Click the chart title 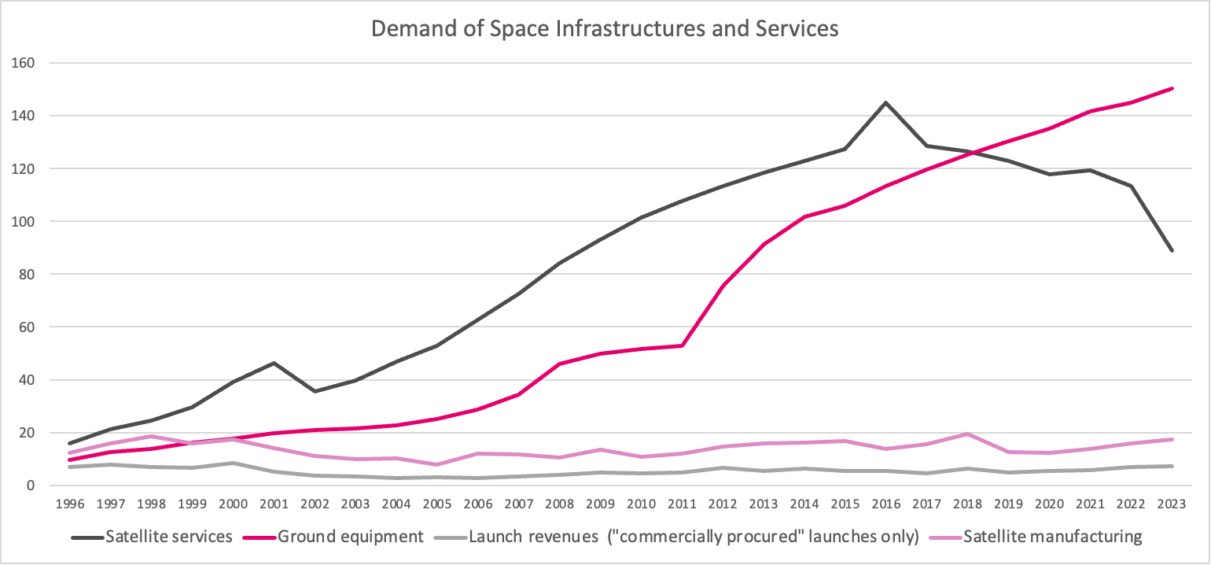(x=605, y=28)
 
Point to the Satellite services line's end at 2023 (x=1172, y=250)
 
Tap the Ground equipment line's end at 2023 (x=1172, y=88)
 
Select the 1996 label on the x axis (x=70, y=504)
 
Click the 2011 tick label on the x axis (x=681, y=504)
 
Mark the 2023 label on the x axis (x=1172, y=504)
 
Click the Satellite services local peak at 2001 (x=274, y=363)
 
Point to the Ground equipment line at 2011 (x=681, y=345)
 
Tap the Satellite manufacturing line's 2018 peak (x=967, y=434)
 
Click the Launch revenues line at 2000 (x=234, y=463)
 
